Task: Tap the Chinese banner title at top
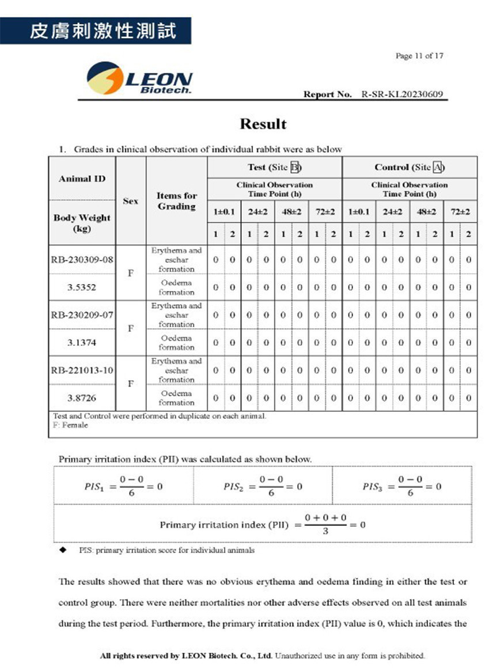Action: coord(95,31)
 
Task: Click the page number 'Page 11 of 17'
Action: coord(419,56)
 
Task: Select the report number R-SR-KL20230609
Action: coord(403,94)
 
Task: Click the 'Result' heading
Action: coord(263,124)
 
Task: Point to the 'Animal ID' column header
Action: coord(82,179)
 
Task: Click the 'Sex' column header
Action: coord(131,201)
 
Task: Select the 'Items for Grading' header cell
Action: coord(176,201)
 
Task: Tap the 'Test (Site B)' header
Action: coord(274,168)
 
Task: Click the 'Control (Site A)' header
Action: coord(410,168)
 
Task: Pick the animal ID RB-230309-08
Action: coord(82,260)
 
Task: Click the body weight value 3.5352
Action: coord(82,287)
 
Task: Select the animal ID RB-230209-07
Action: coord(82,315)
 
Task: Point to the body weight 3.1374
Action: coord(82,343)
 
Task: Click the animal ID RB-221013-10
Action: coord(82,370)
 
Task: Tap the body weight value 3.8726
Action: coord(82,398)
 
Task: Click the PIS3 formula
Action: coord(402,487)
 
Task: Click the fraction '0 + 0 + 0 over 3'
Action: coord(325,524)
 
